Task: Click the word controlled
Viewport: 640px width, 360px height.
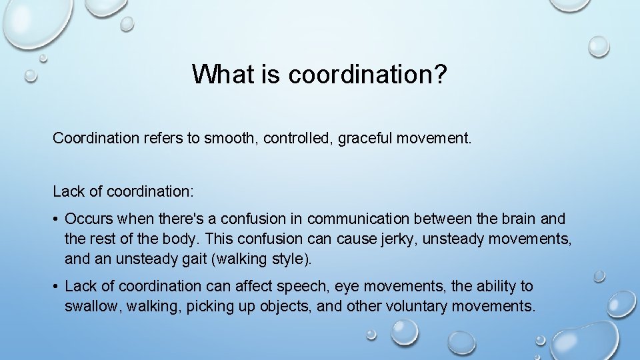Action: click(x=298, y=139)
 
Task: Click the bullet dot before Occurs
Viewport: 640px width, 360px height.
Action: click(x=57, y=219)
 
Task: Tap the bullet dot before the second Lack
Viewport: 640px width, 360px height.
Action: click(x=57, y=287)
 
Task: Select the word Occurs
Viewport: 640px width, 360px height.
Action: click(x=88, y=219)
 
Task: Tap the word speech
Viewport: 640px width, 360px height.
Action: click(x=307, y=287)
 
